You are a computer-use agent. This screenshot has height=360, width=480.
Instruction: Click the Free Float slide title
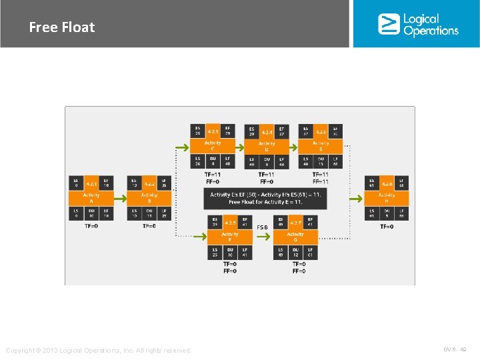pos(62,27)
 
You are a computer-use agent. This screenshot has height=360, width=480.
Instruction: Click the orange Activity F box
pos(230,237)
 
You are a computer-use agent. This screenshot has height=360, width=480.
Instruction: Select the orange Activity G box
pos(295,237)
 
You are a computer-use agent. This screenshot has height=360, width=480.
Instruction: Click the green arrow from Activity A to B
pos(121,197)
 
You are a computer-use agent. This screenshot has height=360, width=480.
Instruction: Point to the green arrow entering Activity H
pos(356,197)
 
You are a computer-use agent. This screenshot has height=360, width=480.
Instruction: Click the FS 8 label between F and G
pos(262,227)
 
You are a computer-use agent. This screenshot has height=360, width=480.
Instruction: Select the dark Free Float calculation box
pos(265,198)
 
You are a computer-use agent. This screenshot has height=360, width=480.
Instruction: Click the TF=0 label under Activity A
pos(91,226)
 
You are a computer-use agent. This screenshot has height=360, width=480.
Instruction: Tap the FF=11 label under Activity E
pos(321,181)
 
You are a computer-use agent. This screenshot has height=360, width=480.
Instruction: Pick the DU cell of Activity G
pos(295,251)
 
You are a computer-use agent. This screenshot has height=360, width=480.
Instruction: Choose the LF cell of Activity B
pos(164,213)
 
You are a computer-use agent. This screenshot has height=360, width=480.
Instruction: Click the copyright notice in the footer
pos(98,351)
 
